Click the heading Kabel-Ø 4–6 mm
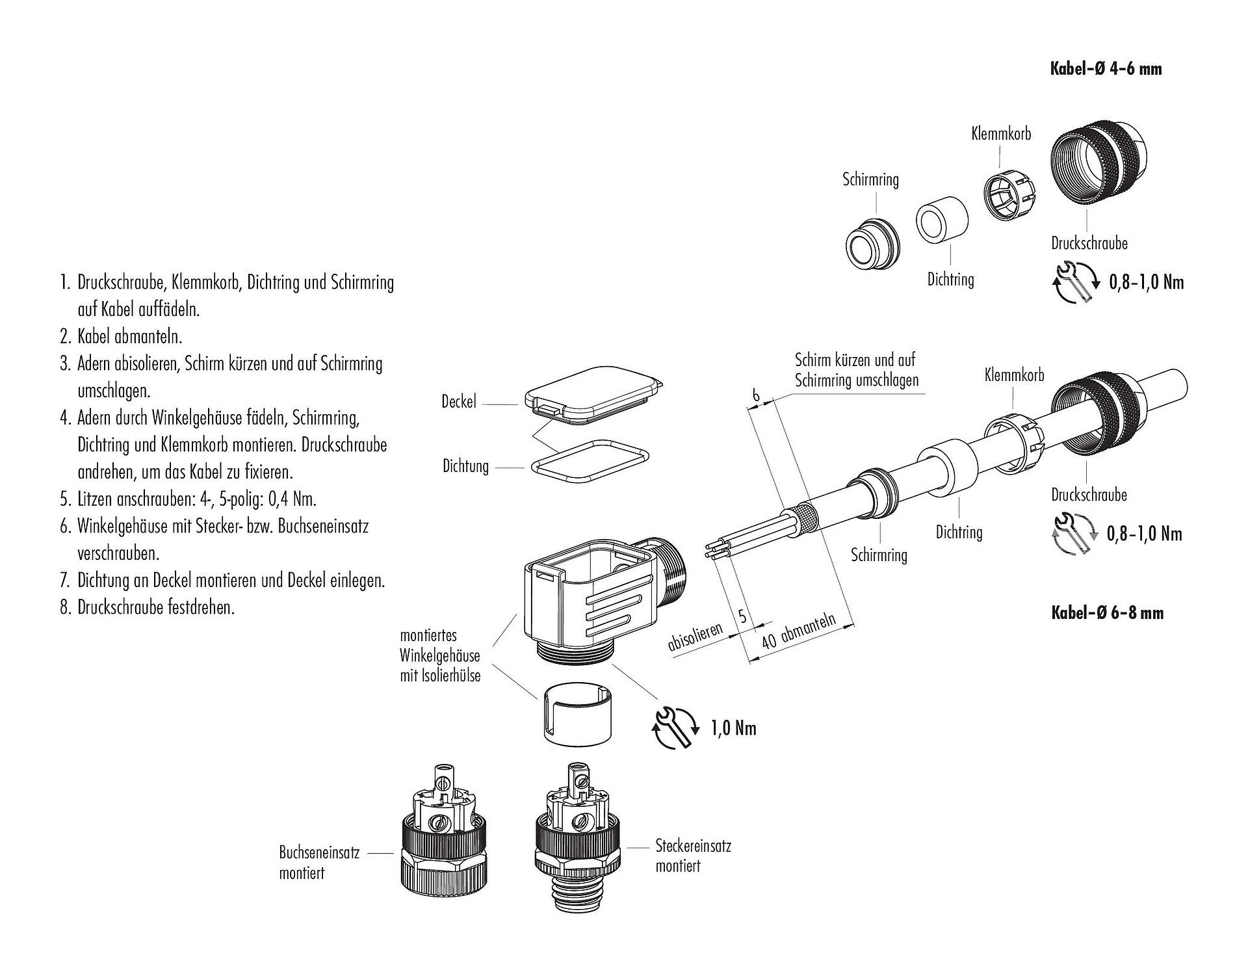coord(1106,68)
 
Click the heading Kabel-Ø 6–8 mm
coord(1107,612)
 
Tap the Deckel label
coord(458,402)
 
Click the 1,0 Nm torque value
coord(734,728)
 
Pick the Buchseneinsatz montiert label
coord(319,862)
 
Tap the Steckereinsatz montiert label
coord(693,856)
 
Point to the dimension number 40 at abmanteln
coord(769,640)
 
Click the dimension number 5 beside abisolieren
coord(743,615)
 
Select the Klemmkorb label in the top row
coord(1001,134)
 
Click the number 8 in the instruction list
coord(64,607)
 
